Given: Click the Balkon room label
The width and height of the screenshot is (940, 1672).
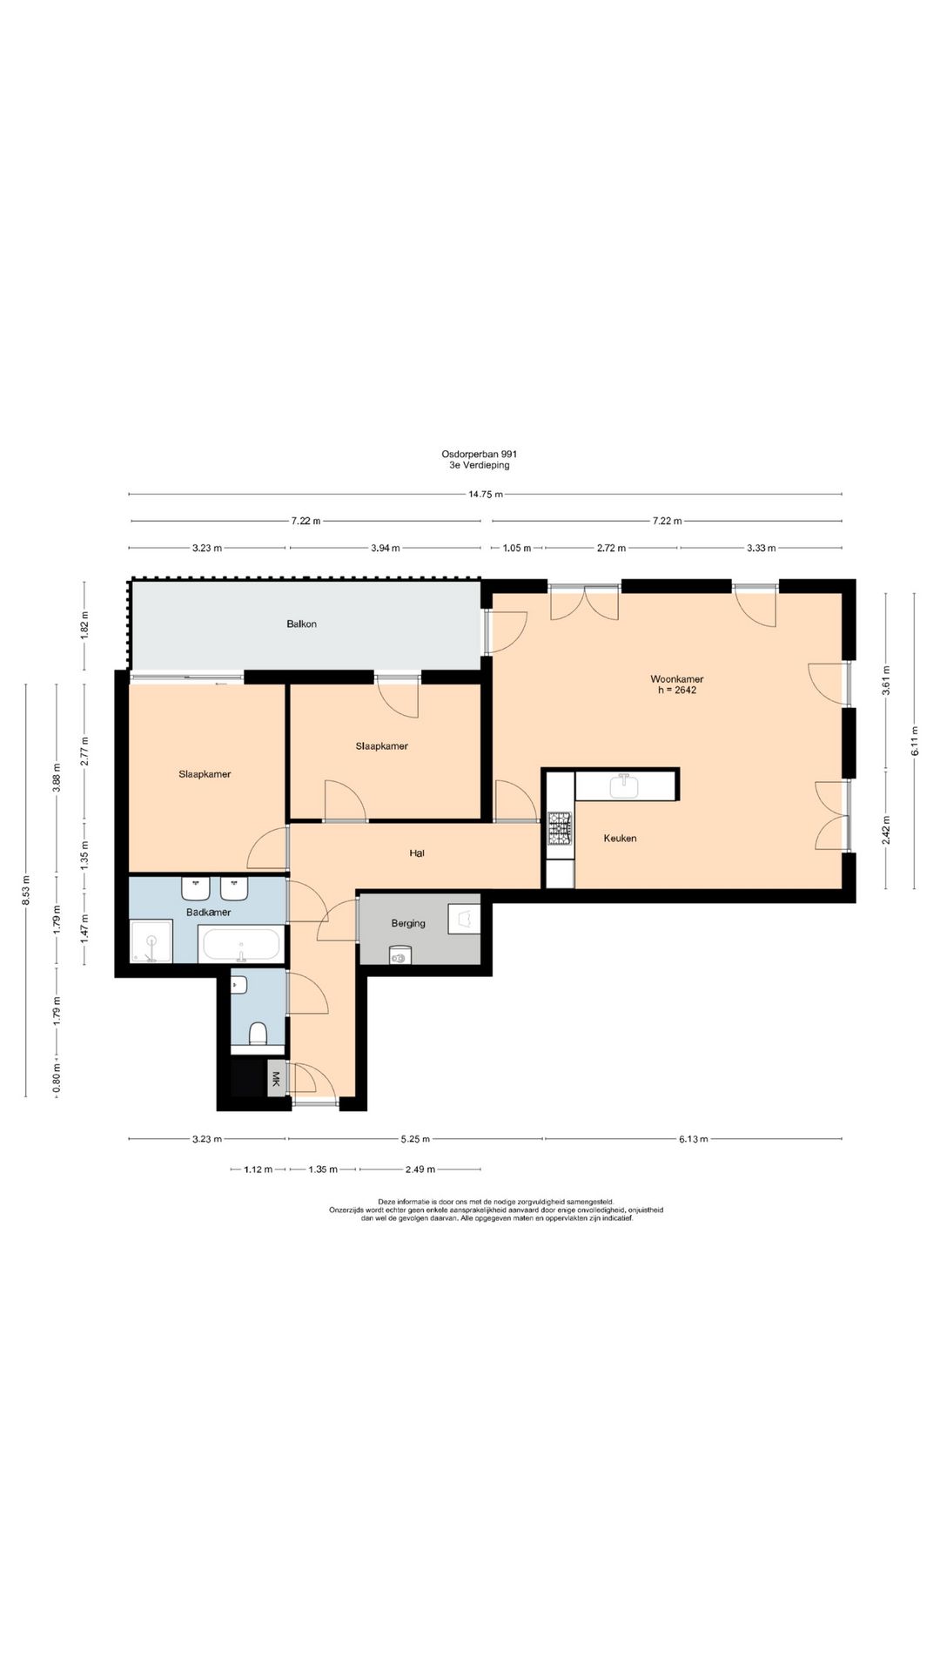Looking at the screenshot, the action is point(301,624).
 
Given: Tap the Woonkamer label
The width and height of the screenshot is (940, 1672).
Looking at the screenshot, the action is point(676,679).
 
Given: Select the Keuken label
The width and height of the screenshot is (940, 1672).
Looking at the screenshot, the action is point(620,839).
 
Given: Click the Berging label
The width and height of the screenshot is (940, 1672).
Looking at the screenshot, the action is point(408,923).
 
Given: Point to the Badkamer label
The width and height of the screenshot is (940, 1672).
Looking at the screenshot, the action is point(208,912).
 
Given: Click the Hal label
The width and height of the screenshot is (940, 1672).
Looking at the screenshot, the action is point(417,853).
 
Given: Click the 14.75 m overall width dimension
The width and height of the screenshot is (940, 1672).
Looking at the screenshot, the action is point(486,495).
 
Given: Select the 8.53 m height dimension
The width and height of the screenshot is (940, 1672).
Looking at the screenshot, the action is point(25,890).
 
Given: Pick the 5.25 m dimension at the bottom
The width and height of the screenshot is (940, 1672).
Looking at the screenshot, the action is point(416,1138).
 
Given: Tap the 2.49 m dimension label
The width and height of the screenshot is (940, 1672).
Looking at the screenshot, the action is point(420,1170).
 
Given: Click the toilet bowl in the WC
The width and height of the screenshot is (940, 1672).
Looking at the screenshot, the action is point(258,1034).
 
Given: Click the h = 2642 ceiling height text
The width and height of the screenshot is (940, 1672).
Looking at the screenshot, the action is point(677,691).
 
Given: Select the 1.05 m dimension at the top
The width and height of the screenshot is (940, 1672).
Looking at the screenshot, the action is point(517,548).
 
